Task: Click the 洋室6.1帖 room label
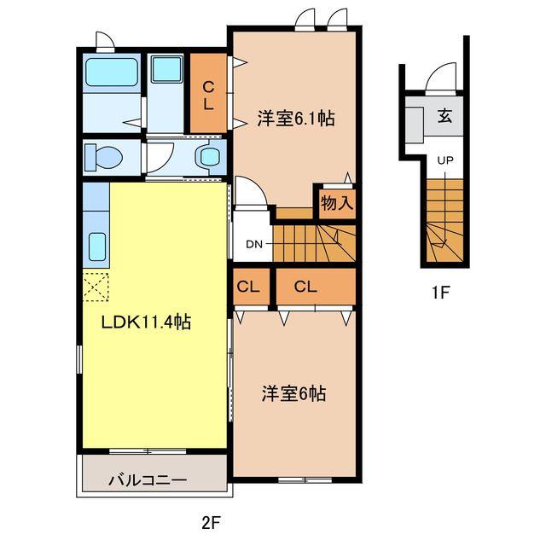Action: pos(295,119)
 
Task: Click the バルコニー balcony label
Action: pos(147,480)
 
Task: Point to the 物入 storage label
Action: pos(335,202)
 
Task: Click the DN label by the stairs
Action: pos(254,244)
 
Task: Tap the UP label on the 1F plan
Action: pos(445,160)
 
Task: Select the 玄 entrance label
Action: pos(445,117)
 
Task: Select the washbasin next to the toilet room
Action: pos(207,157)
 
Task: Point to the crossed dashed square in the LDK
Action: pos(96,284)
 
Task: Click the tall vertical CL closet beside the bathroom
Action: pos(207,93)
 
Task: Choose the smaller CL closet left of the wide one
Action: pos(248,288)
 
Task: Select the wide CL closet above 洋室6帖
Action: pos(314,288)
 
